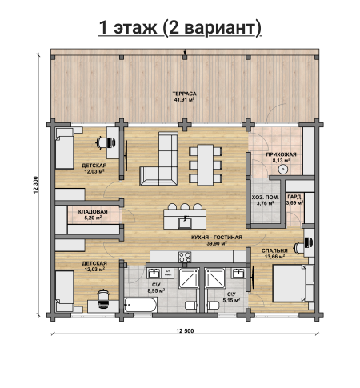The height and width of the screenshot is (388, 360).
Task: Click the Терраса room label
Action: [184, 94]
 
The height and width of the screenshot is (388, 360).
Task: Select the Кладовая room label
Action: [93, 212]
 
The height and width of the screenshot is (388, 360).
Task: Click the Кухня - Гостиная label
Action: [217, 238]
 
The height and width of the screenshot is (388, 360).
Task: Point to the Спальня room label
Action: [274, 250]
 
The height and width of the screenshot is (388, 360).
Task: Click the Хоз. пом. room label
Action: [266, 198]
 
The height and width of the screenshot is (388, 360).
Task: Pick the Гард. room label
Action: [294, 197]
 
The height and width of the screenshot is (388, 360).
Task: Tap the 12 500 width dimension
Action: [185, 331]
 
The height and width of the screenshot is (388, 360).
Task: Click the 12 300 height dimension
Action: [36, 185]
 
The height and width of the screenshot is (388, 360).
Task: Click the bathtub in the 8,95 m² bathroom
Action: [141, 305]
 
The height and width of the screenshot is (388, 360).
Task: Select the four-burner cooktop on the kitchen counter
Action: [185, 257]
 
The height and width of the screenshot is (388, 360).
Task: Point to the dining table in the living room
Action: [205, 165]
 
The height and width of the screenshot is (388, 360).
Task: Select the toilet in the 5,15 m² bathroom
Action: [214, 305]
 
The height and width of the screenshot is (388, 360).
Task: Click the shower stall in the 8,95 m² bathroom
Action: [189, 278]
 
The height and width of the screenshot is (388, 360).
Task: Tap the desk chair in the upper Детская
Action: [106, 142]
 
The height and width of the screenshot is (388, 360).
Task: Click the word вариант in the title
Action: [220, 28]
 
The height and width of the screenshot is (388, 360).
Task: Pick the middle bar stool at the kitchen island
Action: [185, 206]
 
